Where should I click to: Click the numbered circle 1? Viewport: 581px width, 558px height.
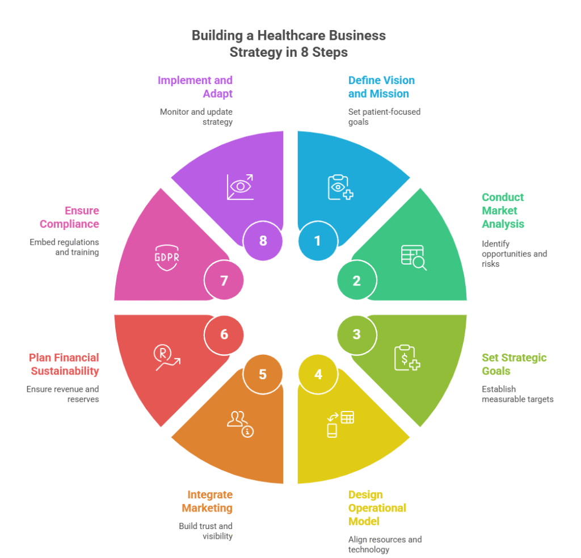coord(318,241)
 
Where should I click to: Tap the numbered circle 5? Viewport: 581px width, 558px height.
coord(263,375)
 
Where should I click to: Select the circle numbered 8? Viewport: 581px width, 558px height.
coord(263,241)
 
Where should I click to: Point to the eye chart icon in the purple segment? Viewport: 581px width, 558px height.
coord(240,187)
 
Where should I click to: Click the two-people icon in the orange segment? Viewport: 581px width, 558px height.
coord(239,423)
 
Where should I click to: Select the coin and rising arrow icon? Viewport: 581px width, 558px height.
coord(167,358)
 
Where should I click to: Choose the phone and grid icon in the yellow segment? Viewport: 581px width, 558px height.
coord(340,423)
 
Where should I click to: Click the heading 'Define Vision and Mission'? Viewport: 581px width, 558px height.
coord(381,87)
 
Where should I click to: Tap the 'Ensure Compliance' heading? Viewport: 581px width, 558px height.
coord(69,217)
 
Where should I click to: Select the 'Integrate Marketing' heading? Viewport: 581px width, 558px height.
coord(210,501)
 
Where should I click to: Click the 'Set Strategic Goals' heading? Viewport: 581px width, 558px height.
coord(514,364)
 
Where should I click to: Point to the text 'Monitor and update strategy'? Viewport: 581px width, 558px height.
coord(196,117)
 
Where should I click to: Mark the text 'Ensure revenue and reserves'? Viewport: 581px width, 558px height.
coord(62,394)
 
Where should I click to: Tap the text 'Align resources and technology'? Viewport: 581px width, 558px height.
coord(385,544)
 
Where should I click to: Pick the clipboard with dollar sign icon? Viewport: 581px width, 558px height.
coord(407,358)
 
